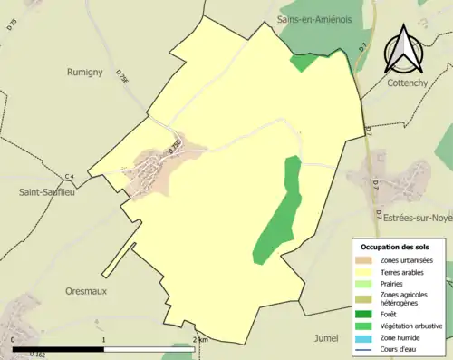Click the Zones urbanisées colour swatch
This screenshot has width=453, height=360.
pos(367,260)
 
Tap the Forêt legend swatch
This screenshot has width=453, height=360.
pos(367,315)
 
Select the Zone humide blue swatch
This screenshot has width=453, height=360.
pos(367,336)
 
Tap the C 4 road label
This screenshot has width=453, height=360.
pos(69,176)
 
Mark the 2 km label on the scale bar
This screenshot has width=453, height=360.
pos(200,339)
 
